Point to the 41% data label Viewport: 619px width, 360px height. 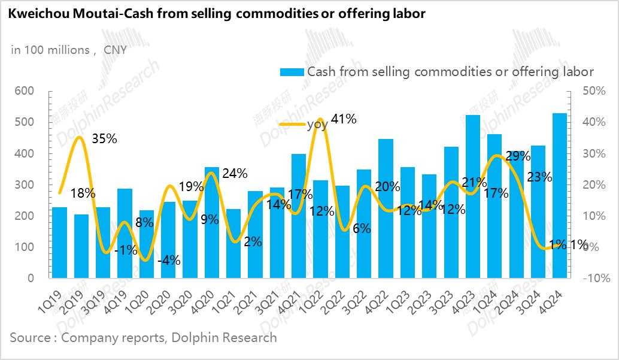pyautogui.click(x=344, y=119)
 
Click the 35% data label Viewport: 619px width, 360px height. pyautogui.click(x=104, y=139)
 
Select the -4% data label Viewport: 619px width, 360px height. pyautogui.click(x=168, y=261)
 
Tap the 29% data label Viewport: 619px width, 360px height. pyautogui.click(x=518, y=156)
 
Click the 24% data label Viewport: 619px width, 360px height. pyautogui.click(x=235, y=174)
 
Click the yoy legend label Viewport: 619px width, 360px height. pyautogui.click(x=317, y=125)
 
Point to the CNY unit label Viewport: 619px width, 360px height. pyautogui.click(x=115, y=50)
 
